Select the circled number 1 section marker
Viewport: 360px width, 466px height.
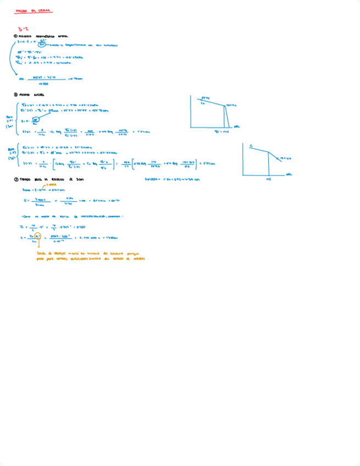15,36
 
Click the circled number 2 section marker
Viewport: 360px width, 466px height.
15,94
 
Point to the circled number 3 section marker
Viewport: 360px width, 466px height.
15,179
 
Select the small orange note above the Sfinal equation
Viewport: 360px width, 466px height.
51,185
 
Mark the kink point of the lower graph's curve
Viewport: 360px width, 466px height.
268,152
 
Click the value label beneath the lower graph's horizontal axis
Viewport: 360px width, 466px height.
268,179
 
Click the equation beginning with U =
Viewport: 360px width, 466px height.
61,201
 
